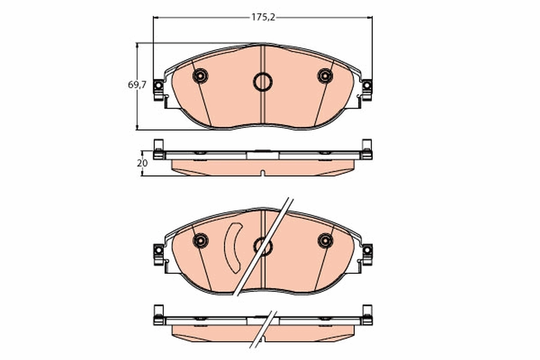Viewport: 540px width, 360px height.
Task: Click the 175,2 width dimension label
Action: [263, 18]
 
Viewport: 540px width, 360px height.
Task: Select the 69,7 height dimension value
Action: [137, 85]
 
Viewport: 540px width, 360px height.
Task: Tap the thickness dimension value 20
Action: [142, 163]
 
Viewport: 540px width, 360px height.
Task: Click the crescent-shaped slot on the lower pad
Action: [233, 248]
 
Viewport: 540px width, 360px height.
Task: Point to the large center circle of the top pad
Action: [263, 82]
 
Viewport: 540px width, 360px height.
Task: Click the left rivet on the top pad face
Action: [200, 76]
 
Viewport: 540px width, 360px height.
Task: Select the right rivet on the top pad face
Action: [325, 76]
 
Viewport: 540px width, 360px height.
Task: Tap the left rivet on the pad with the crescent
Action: [200, 240]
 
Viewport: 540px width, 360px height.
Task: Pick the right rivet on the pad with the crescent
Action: [325, 240]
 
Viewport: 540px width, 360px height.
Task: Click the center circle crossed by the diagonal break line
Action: [263, 246]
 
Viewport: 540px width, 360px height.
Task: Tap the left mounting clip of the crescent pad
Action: [158, 253]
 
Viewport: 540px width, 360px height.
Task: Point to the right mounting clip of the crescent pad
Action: [367, 253]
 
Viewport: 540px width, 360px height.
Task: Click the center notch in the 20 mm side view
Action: [263, 173]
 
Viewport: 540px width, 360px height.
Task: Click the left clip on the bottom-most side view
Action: [158, 315]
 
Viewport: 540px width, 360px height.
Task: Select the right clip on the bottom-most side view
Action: [367, 315]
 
